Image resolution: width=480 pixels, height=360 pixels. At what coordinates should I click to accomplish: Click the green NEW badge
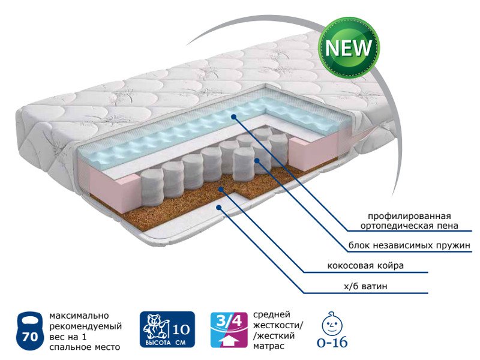[349, 48]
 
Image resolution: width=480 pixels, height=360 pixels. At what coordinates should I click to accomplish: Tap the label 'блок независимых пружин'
[409, 245]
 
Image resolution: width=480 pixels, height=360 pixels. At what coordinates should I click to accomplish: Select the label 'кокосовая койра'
[365, 265]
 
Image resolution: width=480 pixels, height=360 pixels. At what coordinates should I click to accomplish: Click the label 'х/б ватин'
[365, 286]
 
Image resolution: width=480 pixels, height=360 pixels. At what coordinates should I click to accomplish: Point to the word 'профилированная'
[409, 216]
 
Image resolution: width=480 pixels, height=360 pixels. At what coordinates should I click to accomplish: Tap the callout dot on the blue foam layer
[234, 116]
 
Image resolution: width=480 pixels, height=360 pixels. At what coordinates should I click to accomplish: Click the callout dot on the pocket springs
[257, 160]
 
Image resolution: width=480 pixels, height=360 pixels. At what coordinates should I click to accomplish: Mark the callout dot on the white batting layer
[218, 208]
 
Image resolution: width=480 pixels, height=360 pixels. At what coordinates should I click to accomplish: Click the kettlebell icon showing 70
[29, 331]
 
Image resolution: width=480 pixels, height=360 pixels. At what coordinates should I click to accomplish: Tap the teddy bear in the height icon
[155, 326]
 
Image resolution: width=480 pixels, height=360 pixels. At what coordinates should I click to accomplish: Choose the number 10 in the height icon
[181, 329]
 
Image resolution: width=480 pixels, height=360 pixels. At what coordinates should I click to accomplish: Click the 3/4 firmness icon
[229, 329]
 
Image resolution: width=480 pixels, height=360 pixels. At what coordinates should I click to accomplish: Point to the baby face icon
[332, 325]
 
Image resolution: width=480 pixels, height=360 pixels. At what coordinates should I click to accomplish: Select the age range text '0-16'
[332, 343]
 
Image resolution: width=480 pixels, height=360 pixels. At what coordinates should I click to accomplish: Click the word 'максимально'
[79, 316]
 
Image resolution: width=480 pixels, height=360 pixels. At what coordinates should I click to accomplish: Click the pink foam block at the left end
[114, 190]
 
